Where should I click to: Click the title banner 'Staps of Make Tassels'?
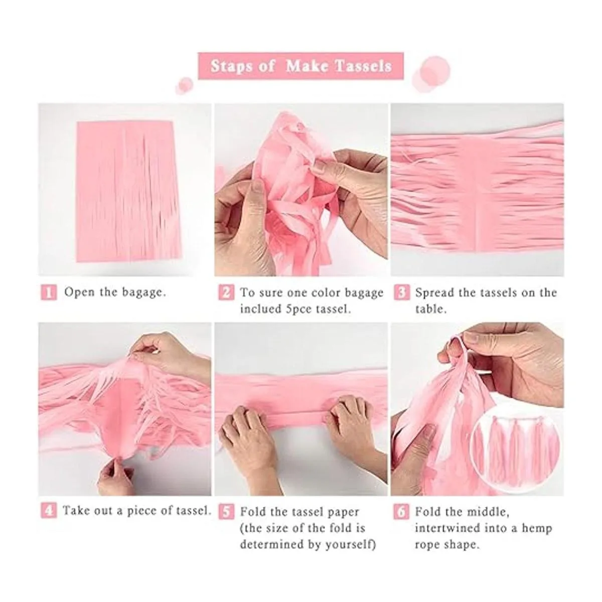tap(300, 66)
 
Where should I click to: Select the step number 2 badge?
tap(226, 292)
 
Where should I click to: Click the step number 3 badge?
tap(401, 292)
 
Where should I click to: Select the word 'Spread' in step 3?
tap(434, 292)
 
